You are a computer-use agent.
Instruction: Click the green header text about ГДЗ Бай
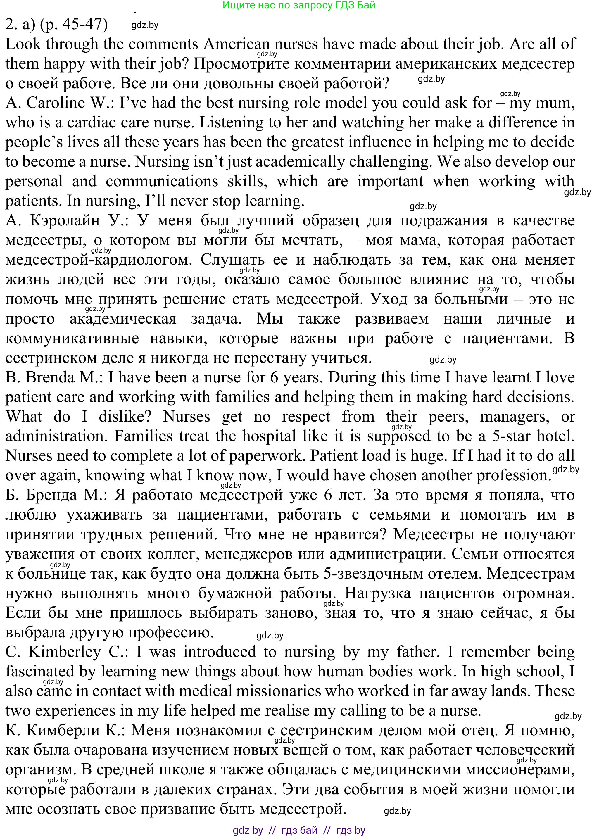tap(299, 5)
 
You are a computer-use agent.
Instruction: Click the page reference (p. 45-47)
tap(73, 24)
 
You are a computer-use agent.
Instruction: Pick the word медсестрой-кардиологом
tap(99, 260)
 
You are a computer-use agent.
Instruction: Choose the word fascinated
tap(40, 671)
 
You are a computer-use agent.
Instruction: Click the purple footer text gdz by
tap(248, 830)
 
